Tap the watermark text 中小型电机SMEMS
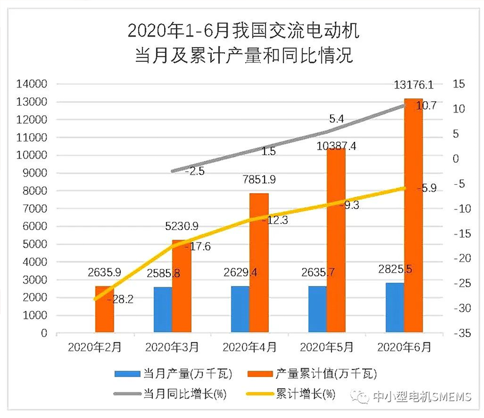tap(421, 397)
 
